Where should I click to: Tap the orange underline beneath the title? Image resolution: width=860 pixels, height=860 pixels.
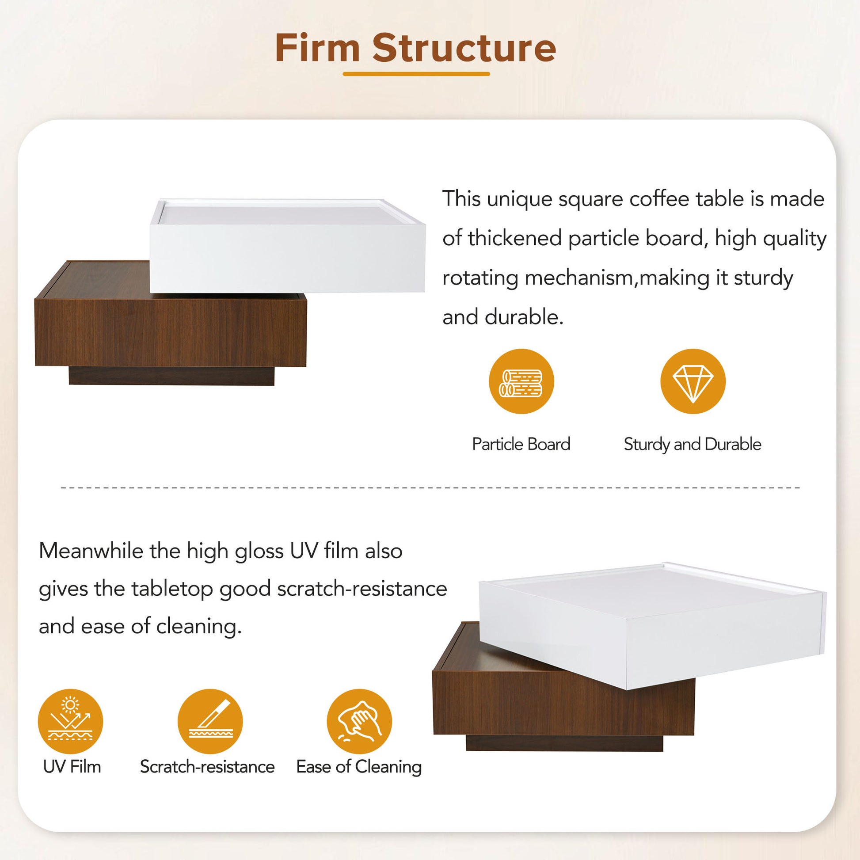(x=416, y=74)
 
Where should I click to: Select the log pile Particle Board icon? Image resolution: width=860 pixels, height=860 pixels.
(x=521, y=381)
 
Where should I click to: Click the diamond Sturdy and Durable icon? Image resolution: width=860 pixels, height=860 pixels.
(x=693, y=381)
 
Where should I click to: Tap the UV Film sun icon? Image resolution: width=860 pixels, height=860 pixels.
(x=70, y=722)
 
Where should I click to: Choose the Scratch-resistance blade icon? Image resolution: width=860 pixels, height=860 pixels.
(x=210, y=722)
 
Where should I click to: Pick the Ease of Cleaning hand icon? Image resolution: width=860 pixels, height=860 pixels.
(x=359, y=722)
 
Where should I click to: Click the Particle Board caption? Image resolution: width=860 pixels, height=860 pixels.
(x=521, y=444)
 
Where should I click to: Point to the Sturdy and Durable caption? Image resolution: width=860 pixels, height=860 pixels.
(x=692, y=444)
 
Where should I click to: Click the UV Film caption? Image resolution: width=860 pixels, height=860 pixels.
(x=72, y=767)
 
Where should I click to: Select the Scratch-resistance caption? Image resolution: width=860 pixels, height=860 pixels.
(x=207, y=767)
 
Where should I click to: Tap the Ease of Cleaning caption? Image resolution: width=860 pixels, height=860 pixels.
(x=359, y=767)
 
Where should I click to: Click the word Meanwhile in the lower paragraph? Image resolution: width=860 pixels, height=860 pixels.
(x=90, y=551)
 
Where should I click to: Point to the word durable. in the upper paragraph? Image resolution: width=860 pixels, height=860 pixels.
(x=524, y=317)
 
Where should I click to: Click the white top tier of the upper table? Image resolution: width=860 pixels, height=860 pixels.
(x=287, y=256)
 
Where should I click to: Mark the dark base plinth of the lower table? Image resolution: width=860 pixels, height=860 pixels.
(x=564, y=743)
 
